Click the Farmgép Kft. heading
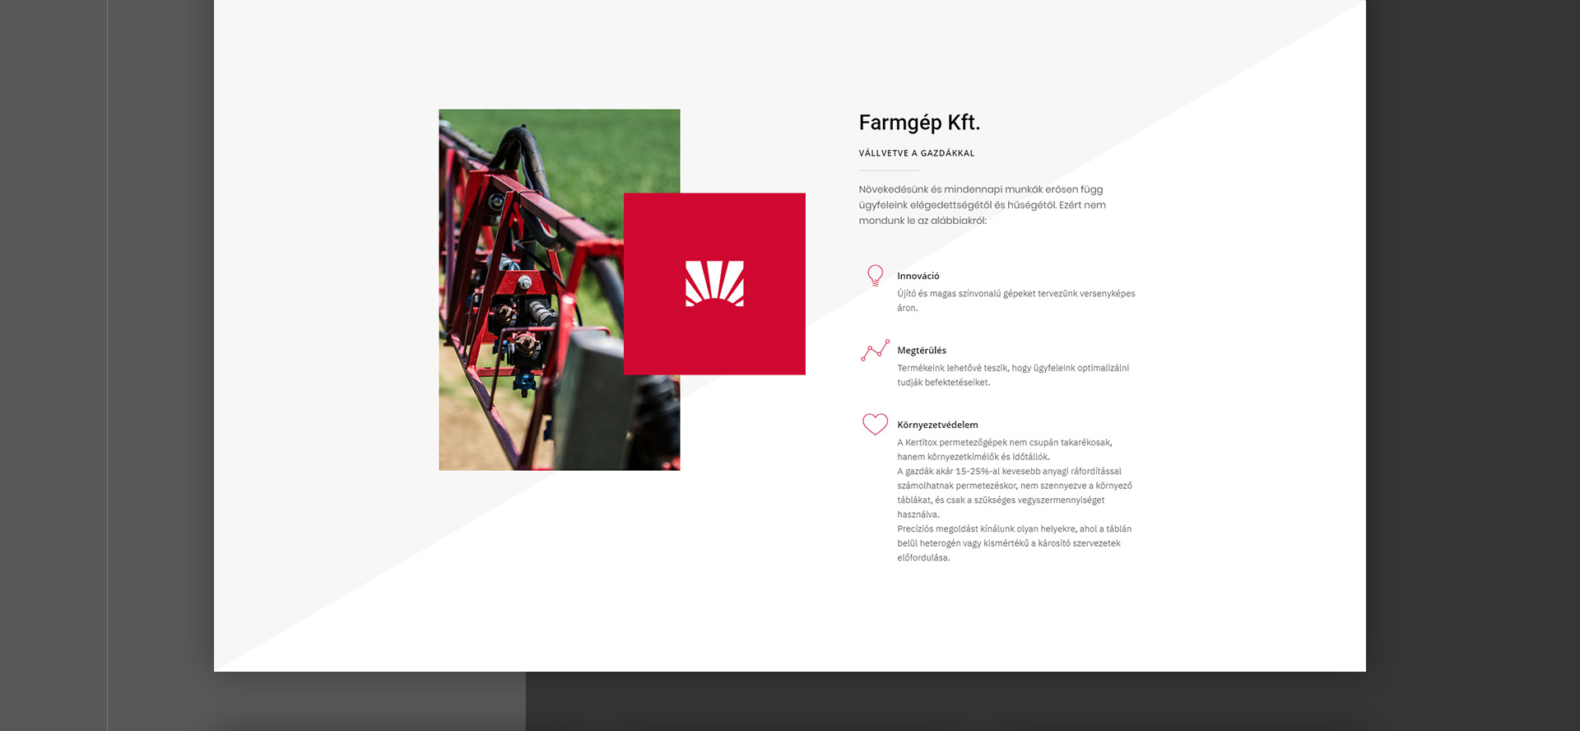point(919,123)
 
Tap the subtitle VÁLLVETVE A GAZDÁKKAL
point(917,153)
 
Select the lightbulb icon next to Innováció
point(875,276)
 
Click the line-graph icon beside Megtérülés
point(875,350)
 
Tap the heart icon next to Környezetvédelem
point(875,424)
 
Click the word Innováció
point(918,276)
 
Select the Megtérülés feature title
point(922,351)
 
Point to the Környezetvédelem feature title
point(937,425)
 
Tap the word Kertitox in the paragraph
point(921,443)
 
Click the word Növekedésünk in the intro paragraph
point(894,189)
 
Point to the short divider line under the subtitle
point(889,170)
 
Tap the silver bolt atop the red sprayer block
point(524,282)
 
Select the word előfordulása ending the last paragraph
point(923,558)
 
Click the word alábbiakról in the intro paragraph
point(959,221)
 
